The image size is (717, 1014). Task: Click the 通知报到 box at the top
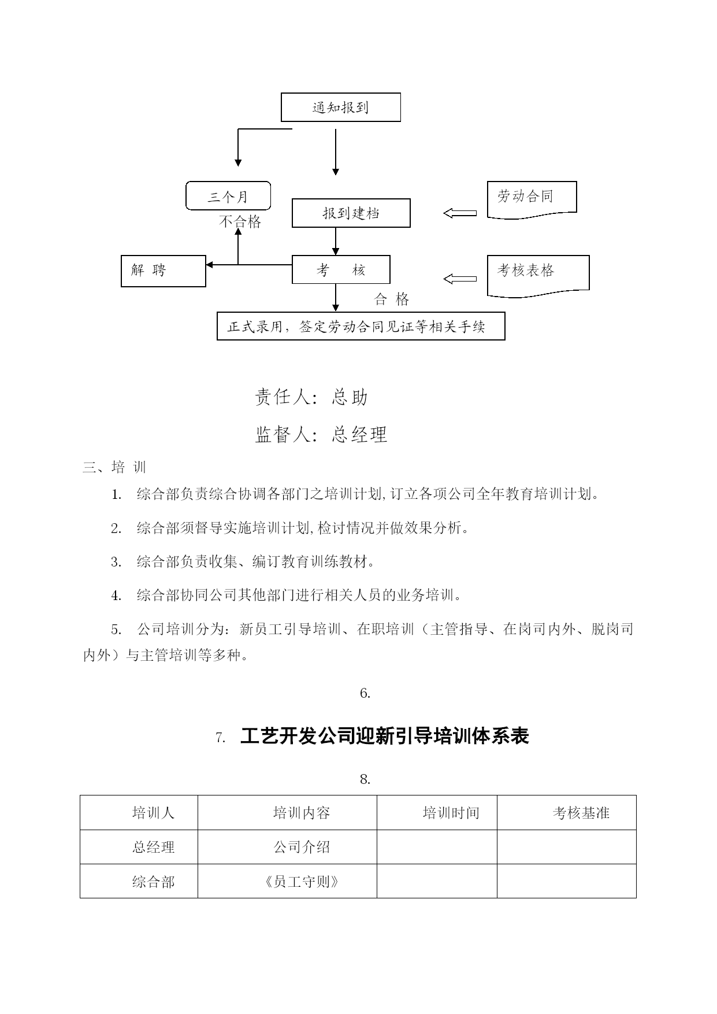coord(340,108)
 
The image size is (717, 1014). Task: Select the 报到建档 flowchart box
coord(351,213)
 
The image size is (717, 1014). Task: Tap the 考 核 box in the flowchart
coord(341,270)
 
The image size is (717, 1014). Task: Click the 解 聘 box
coord(164,271)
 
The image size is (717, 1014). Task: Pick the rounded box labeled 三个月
coord(228,196)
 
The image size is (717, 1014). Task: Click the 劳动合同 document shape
coord(532,200)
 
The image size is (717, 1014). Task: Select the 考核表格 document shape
coord(538,276)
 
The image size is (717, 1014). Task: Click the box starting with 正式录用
coord(361,326)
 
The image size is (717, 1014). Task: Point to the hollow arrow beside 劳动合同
coord(460,213)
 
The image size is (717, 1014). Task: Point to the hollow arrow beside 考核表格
coord(460,279)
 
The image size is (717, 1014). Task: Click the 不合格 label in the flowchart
coord(240,222)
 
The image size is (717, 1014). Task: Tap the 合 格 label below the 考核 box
coord(392,299)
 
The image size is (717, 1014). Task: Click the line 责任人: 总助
coord(311,397)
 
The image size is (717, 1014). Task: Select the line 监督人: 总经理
coord(321,434)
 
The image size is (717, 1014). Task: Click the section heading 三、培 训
coord(114,467)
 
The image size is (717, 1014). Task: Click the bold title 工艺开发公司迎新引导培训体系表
coord(385,737)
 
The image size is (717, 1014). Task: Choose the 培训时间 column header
coord(451,813)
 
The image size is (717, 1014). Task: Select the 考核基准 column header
coord(581,813)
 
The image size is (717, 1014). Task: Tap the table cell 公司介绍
coord(302,847)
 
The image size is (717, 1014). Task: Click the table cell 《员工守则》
coord(302,882)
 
